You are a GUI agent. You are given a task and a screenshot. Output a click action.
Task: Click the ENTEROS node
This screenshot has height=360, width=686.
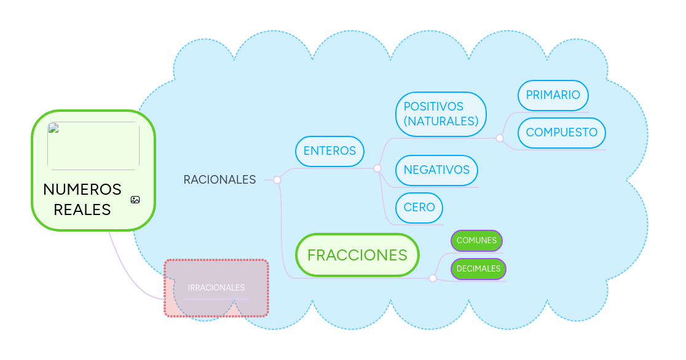[x=329, y=151]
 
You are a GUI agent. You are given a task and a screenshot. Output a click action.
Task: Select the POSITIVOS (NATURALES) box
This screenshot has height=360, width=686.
[x=441, y=114]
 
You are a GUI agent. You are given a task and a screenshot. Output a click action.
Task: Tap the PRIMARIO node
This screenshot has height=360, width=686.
[x=553, y=95]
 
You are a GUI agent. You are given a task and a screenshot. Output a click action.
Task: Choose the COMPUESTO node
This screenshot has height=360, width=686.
[x=561, y=133]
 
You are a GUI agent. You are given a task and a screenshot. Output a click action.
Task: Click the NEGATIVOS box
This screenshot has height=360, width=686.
[x=436, y=170]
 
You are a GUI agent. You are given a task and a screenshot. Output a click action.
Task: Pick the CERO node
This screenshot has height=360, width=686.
[x=419, y=207]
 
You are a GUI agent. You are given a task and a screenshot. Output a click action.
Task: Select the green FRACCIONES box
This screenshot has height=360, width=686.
[x=357, y=255]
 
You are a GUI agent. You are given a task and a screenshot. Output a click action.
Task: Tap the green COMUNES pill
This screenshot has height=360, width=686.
[x=476, y=241]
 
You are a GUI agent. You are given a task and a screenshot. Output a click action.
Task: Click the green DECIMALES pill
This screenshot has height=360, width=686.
[x=478, y=268]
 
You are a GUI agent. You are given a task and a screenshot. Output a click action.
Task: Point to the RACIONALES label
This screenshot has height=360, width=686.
[x=219, y=179]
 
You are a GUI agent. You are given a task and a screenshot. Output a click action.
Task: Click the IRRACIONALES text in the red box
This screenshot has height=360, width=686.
[x=216, y=288]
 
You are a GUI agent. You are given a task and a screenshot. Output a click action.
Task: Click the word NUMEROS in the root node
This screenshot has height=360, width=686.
[x=82, y=189]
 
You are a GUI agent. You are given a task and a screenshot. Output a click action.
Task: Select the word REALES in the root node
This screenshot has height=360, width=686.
[x=82, y=209]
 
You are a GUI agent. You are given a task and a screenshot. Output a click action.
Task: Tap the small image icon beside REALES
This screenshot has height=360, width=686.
[x=135, y=200]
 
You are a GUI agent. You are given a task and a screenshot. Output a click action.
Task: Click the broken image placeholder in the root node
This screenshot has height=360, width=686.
[x=93, y=146]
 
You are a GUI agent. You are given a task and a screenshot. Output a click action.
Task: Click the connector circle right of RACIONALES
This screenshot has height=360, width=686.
[x=277, y=180]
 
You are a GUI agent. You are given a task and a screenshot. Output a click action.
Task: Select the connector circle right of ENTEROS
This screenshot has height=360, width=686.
[x=377, y=168]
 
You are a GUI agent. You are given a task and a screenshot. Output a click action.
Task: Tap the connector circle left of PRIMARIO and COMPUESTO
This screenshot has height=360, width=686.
[x=500, y=138]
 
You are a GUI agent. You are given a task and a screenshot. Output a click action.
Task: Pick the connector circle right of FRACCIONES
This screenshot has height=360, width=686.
[x=433, y=278]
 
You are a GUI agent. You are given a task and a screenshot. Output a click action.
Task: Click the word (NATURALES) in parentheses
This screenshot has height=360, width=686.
[x=441, y=122]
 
